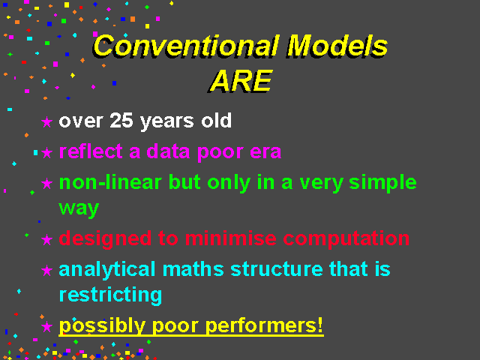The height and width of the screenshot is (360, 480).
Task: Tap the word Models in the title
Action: pos(337,46)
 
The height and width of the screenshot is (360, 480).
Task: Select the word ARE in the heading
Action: pos(241,81)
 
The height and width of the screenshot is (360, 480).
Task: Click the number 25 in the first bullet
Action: pos(121,120)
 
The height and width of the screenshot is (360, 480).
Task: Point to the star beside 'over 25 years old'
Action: pos(46,121)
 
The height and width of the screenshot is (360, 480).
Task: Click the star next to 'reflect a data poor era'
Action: pos(46,152)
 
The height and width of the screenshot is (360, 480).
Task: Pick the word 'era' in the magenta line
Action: pos(265,151)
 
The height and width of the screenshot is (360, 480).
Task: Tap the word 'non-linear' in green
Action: pos(110,182)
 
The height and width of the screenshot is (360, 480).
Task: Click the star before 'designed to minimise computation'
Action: pos(46,239)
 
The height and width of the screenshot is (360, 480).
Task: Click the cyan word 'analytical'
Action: pos(107,270)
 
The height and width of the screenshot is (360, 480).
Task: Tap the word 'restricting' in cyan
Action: pos(110,295)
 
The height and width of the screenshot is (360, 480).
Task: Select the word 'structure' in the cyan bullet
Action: pos(277,269)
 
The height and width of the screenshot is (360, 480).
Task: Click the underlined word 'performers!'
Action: pos(264,326)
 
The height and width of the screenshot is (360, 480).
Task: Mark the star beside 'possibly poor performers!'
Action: pos(46,326)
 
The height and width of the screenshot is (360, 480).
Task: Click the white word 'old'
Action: pos(216,120)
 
